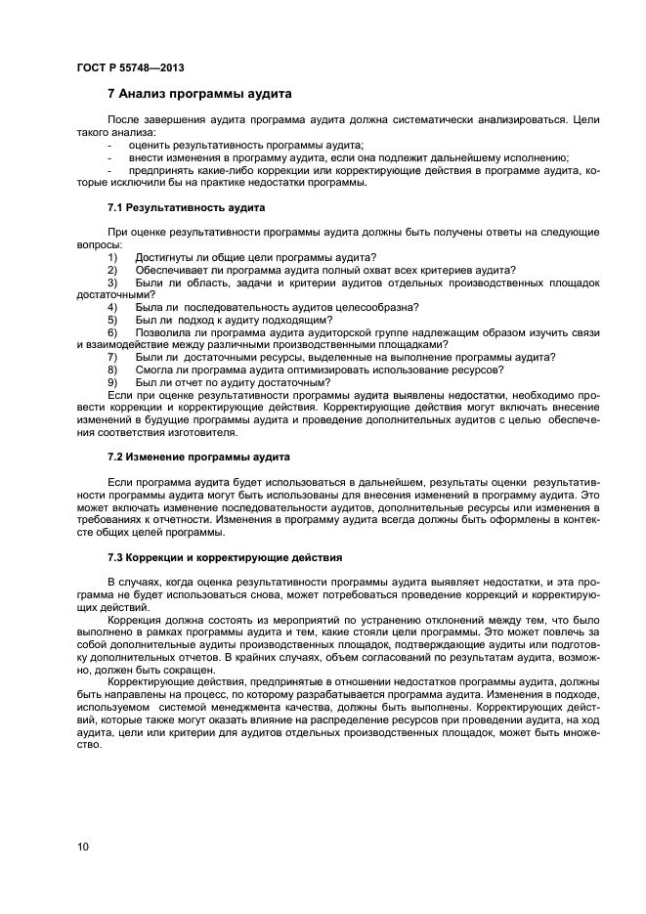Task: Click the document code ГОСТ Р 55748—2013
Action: (130, 67)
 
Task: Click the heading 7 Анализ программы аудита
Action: (200, 95)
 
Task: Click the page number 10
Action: (82, 846)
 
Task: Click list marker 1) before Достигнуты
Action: (112, 257)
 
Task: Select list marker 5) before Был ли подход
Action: (112, 320)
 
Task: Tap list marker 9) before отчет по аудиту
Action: (112, 382)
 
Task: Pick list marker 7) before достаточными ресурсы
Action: (112, 357)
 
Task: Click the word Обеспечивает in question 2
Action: (170, 270)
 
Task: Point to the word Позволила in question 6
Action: (160, 332)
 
